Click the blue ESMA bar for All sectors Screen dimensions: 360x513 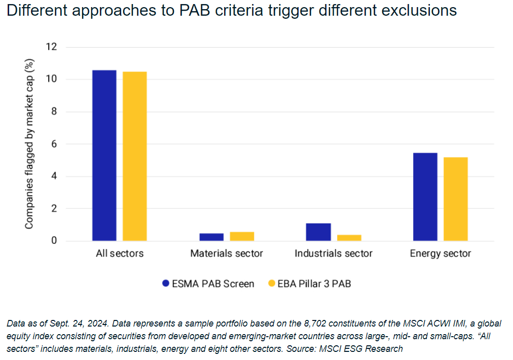tap(104, 155)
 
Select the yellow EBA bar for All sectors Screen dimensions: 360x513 tap(135, 156)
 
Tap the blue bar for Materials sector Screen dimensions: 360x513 tap(211, 237)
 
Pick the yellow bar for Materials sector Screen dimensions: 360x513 tap(242, 236)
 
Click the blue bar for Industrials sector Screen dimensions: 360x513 tap(318, 232)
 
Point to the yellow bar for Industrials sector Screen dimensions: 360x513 tap(349, 238)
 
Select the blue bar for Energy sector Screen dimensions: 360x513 tap(425, 197)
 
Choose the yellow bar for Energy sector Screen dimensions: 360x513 tap(456, 199)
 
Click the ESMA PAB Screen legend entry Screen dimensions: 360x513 tap(208, 284)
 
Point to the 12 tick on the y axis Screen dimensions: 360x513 tap(52, 47)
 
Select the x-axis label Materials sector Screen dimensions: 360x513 tap(227, 254)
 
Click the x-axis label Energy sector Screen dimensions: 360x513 tap(441, 254)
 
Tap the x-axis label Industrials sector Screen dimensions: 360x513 tap(334, 254)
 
